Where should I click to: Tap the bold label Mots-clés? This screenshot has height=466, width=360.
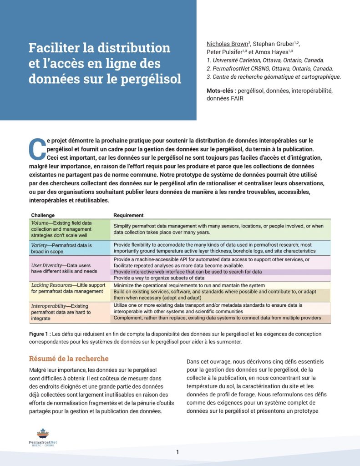click(221, 91)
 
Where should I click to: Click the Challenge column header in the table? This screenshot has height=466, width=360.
click(43, 215)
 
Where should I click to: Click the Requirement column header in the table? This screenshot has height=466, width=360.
click(128, 215)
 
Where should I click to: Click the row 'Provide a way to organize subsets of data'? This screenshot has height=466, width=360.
click(159, 278)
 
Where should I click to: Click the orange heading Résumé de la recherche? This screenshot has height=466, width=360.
click(69, 359)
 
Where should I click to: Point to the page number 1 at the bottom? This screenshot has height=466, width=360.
click(177, 452)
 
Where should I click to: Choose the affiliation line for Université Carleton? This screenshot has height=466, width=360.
click(265, 60)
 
